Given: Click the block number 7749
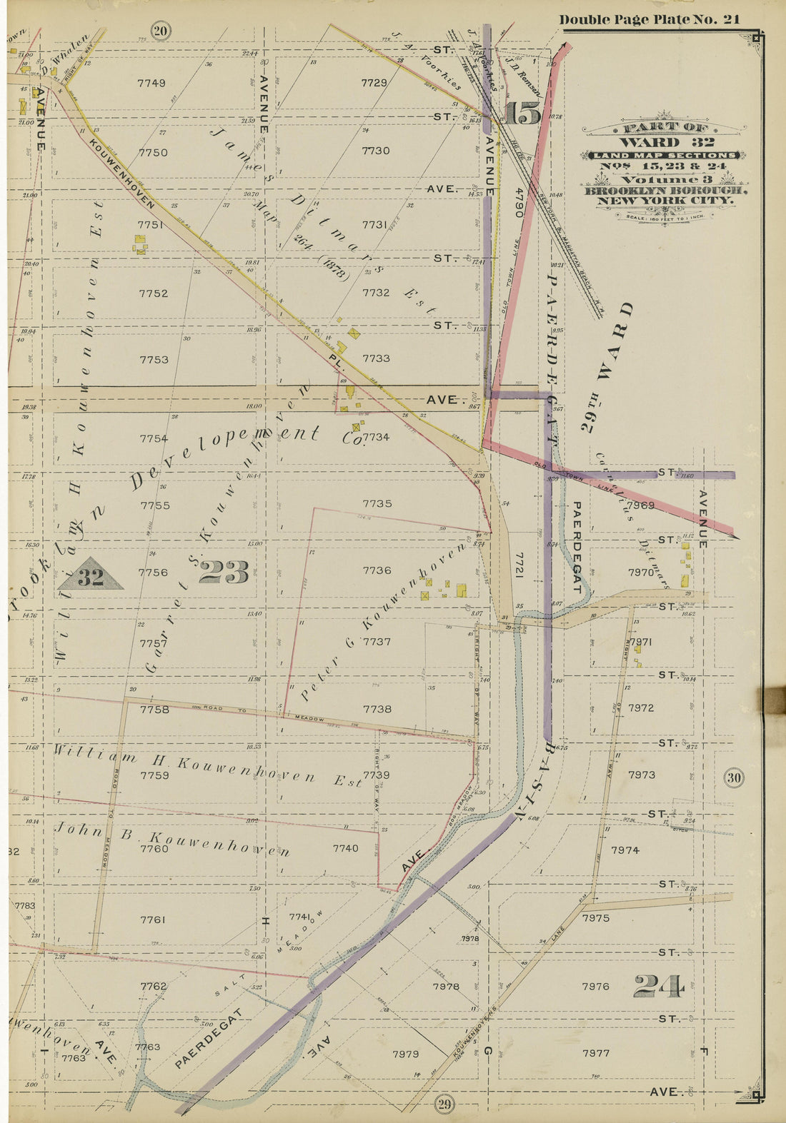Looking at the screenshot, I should (151, 83).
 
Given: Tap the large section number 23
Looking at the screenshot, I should (224, 572).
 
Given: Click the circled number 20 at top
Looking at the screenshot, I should (161, 31).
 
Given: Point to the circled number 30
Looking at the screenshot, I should (735, 778).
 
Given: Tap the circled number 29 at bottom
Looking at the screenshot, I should (444, 1105).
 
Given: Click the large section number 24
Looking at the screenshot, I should (658, 987).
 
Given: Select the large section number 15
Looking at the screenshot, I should (524, 114).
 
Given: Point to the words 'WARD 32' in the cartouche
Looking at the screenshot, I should (665, 141).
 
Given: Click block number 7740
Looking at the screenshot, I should (345, 848).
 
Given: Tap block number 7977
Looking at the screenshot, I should (596, 1052).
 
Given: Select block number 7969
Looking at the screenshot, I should (640, 505).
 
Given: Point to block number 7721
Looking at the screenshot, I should (519, 564).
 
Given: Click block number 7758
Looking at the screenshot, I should (154, 710).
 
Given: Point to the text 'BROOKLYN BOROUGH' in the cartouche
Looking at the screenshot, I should (666, 191).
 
